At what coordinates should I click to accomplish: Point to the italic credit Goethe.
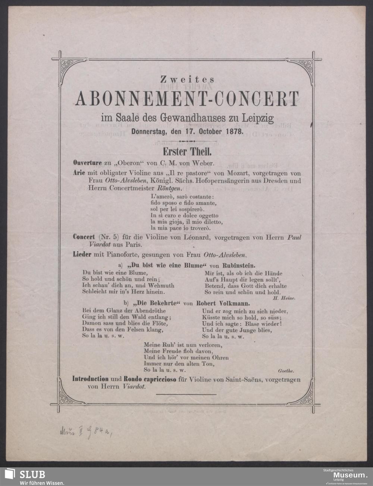286,370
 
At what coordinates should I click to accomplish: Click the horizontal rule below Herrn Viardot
186,394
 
